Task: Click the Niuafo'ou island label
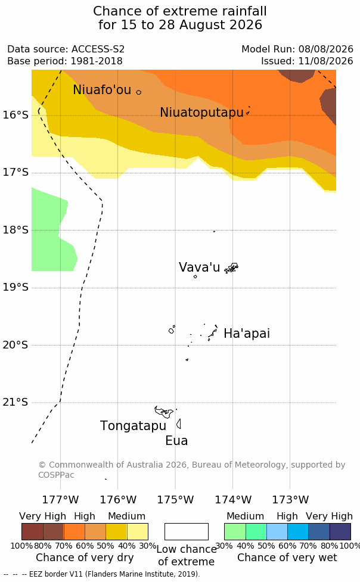(102, 90)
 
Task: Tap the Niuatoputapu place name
(201, 113)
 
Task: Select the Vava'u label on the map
(199, 267)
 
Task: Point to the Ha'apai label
(247, 334)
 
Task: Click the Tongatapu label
(133, 426)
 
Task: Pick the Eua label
(176, 441)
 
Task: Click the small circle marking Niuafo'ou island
(138, 92)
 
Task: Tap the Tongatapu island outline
(164, 412)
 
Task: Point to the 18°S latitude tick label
(15, 230)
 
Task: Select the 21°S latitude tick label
(15, 402)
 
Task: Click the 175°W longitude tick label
(175, 500)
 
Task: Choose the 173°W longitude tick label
(290, 500)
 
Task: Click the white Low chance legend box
(187, 531)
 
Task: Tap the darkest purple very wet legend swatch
(340, 531)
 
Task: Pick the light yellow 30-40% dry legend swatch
(138, 531)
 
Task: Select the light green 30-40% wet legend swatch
(235, 531)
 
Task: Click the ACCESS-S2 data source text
(98, 49)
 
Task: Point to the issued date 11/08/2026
(326, 61)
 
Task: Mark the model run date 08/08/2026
(326, 49)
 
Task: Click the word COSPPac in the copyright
(56, 475)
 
